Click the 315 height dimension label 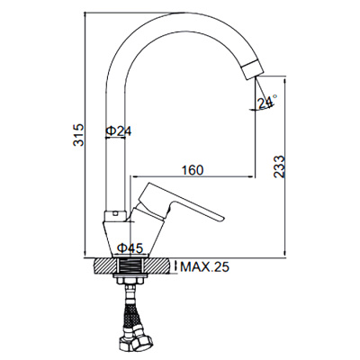tap(79, 136)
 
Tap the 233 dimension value tap(281, 167)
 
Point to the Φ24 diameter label tap(118, 131)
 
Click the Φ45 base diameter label tap(130, 247)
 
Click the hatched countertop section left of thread tap(105, 267)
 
